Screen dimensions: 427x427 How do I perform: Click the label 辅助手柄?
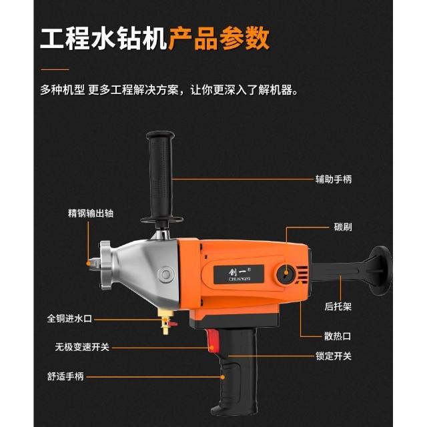click(x=334, y=179)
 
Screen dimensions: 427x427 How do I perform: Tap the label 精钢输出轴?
click(x=91, y=213)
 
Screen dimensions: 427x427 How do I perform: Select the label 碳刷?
click(x=342, y=227)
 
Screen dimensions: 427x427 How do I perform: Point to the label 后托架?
click(x=338, y=306)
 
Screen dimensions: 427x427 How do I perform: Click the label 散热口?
click(x=338, y=336)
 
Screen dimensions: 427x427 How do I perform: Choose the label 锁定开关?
click(x=334, y=356)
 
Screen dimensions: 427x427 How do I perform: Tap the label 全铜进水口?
click(x=69, y=318)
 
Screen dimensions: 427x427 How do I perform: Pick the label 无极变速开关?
click(x=82, y=347)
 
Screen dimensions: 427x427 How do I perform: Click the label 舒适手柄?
click(x=65, y=376)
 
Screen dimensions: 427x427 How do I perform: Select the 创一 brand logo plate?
click(x=239, y=274)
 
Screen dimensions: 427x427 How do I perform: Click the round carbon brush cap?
click(x=286, y=274)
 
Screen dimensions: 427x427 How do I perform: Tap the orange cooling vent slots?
click(x=303, y=274)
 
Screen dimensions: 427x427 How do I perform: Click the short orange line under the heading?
click(x=55, y=69)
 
